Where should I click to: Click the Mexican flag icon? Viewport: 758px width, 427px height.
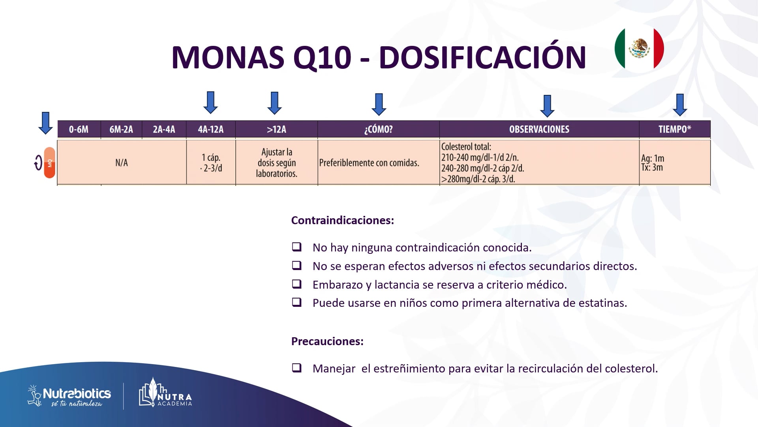[x=639, y=49]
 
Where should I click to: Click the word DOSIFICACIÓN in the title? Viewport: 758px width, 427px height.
[x=482, y=58]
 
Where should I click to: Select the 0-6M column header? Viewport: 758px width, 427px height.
[x=79, y=129]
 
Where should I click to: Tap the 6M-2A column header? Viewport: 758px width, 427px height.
[x=121, y=129]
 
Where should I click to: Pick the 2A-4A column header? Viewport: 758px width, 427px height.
[x=164, y=129]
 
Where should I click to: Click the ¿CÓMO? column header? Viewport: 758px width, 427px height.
[x=378, y=129]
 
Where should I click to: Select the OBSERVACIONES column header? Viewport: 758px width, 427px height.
[x=539, y=129]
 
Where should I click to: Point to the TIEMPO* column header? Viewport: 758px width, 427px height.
[x=674, y=129]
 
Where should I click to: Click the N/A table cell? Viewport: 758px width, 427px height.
[x=122, y=162]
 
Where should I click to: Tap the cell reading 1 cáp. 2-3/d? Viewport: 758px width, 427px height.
[x=211, y=162]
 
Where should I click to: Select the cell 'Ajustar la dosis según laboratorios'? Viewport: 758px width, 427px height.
[x=276, y=162]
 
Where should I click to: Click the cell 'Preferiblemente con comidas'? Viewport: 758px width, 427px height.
[x=369, y=162]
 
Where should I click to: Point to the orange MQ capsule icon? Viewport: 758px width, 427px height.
[x=49, y=162]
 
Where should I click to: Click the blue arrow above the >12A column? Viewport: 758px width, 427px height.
[x=274, y=103]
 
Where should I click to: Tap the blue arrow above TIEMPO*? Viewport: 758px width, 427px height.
[x=679, y=105]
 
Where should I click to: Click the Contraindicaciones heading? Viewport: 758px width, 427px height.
[x=342, y=220]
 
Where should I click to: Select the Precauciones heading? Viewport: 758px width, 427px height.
[x=327, y=341]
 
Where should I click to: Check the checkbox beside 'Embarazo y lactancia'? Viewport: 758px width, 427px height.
[x=296, y=284]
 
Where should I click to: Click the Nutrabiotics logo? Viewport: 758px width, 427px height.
[x=69, y=395]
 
